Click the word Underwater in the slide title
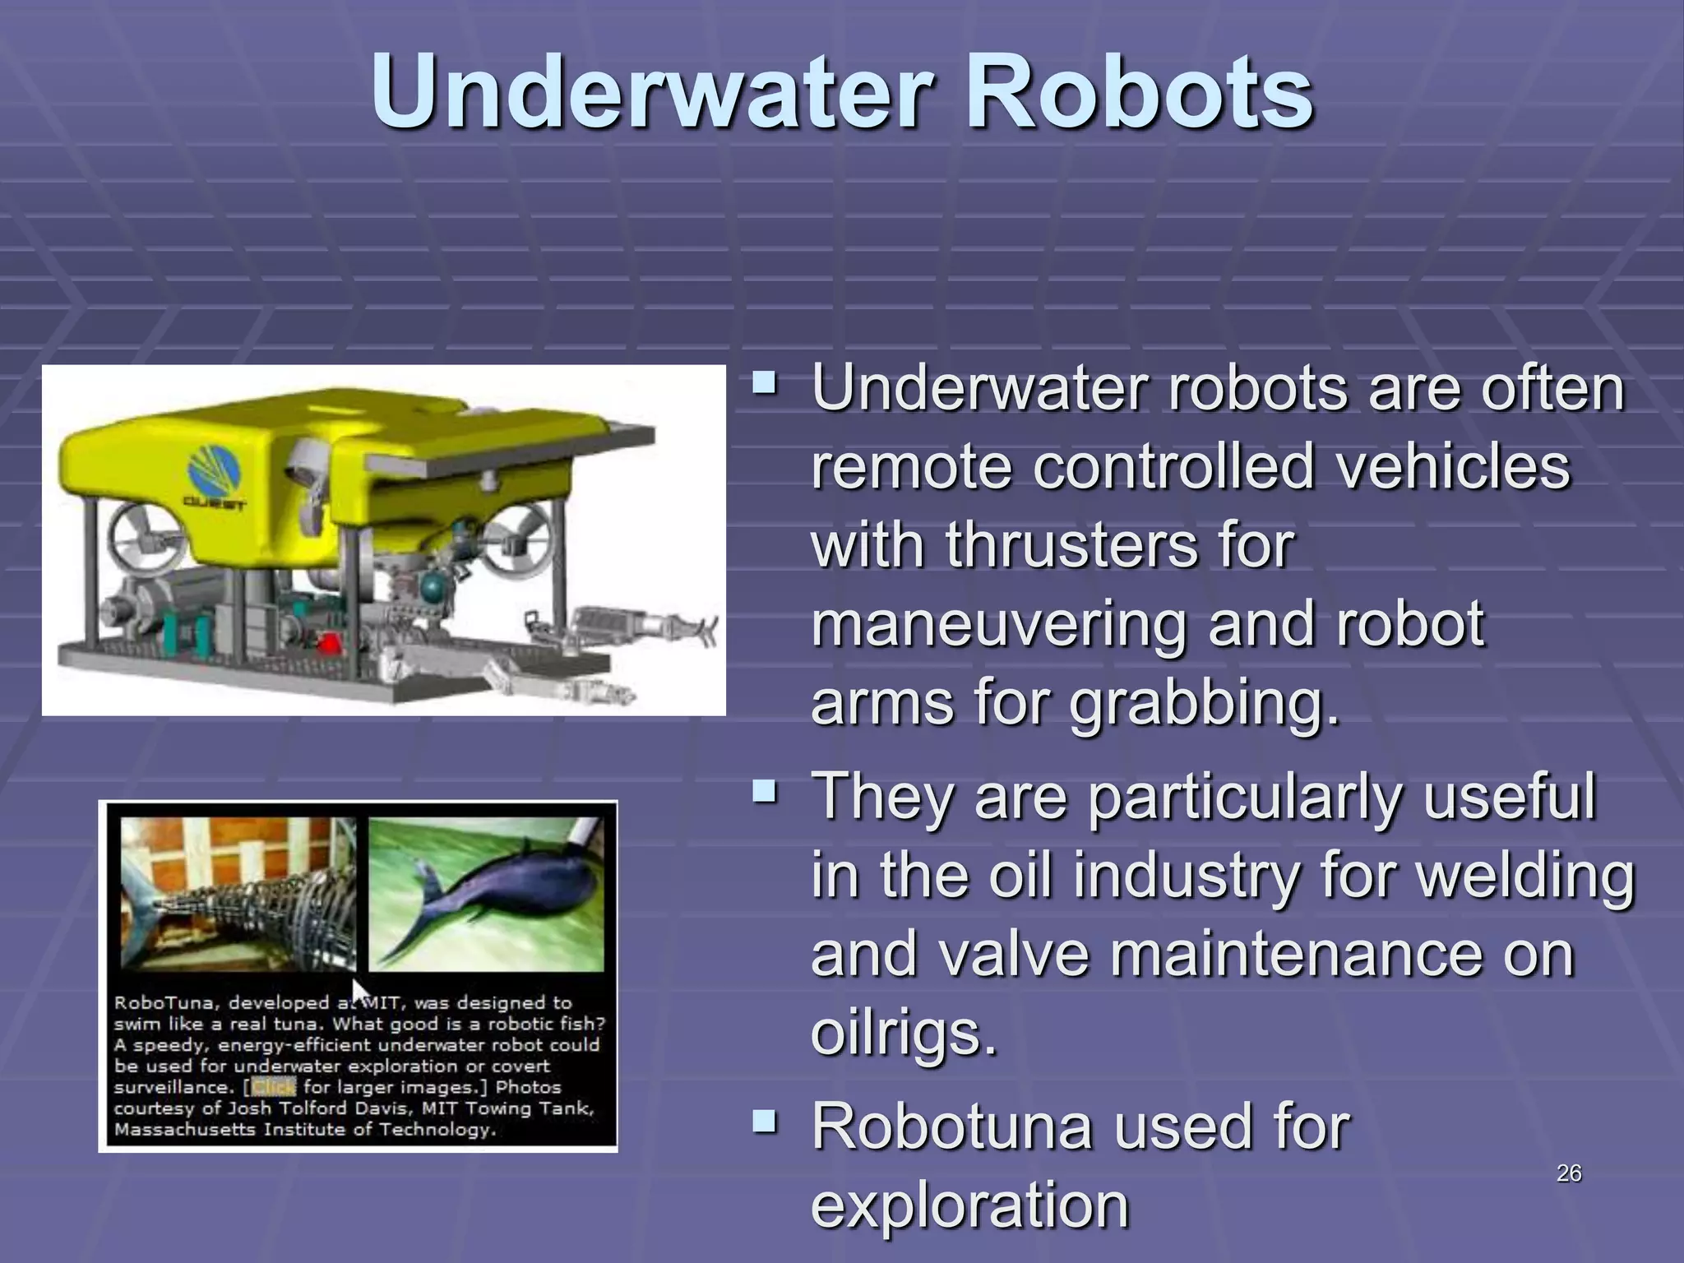[648, 92]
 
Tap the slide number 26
[1569, 1173]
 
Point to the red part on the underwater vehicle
[330, 643]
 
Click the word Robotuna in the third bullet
[951, 1127]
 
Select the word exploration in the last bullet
[970, 1205]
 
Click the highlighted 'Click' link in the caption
[273, 1087]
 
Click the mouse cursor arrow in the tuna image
[359, 992]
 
